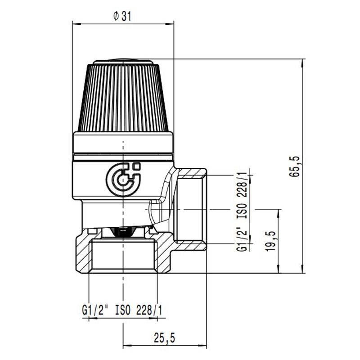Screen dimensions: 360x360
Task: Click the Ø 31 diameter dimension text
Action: coord(122,16)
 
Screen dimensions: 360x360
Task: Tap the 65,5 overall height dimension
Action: coord(295,166)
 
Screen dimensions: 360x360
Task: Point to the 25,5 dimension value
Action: coord(164,338)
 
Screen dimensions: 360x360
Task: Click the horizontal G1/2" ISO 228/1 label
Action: coord(122,310)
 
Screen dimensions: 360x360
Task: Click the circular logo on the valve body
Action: coord(123,180)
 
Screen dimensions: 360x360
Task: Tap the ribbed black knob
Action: coord(123,98)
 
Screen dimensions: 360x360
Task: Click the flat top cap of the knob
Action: coord(123,61)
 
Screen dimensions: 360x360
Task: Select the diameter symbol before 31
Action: coord(116,16)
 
